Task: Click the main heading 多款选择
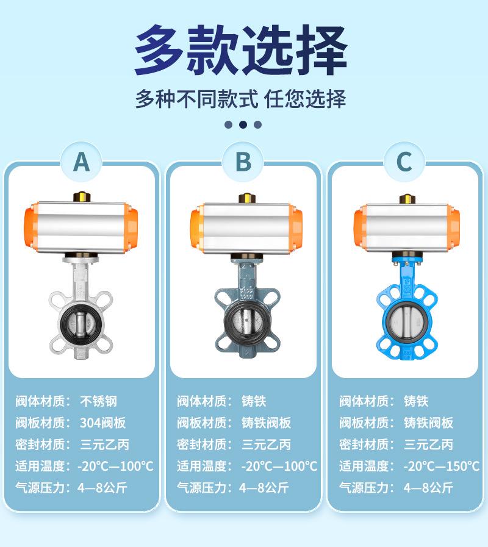(x=241, y=49)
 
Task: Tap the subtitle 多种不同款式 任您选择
(x=241, y=99)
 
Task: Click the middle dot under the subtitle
(x=243, y=124)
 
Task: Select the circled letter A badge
(x=81, y=162)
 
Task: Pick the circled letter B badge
(x=243, y=162)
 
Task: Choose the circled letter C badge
(x=404, y=162)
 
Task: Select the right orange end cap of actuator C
(x=453, y=227)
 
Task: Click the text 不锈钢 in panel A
(x=98, y=401)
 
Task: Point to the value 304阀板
(x=102, y=423)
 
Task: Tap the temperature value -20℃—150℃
(x=442, y=466)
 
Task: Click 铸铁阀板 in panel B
(x=267, y=423)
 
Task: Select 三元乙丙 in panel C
(x=429, y=445)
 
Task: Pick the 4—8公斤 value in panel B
(x=264, y=488)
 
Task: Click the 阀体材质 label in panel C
(x=364, y=401)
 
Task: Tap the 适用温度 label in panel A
(x=40, y=466)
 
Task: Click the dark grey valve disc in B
(x=246, y=321)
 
